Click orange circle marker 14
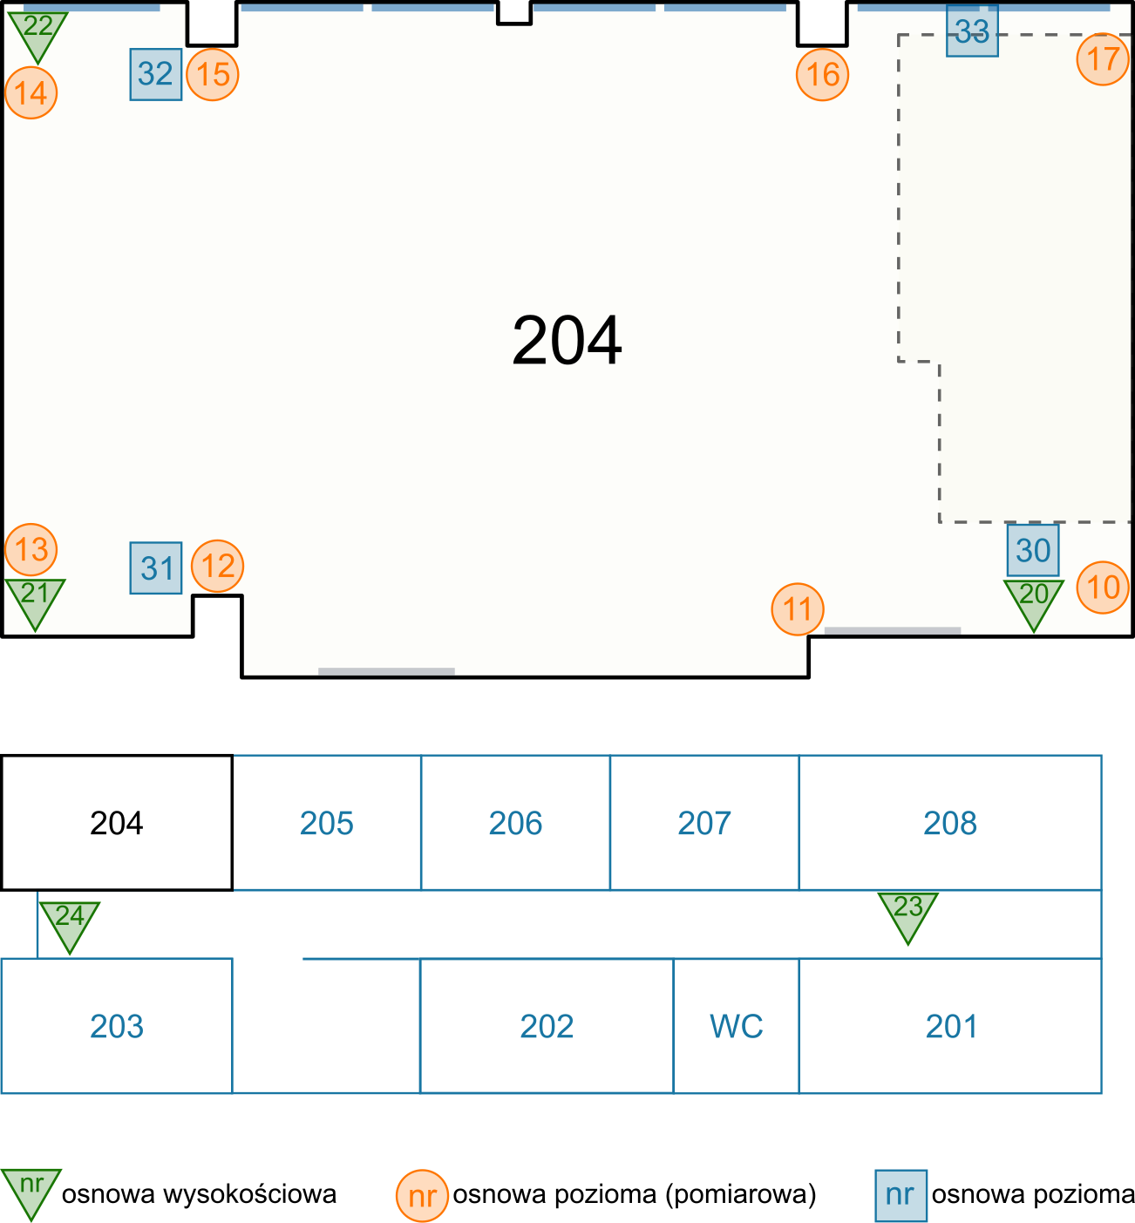(x=31, y=92)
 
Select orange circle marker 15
(x=213, y=74)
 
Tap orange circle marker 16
(x=822, y=75)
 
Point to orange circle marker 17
(x=1103, y=59)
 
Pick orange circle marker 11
(x=798, y=608)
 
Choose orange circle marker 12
(x=218, y=566)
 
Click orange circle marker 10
(x=1103, y=587)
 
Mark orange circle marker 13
(x=31, y=549)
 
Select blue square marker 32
(x=156, y=74)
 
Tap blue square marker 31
(x=156, y=568)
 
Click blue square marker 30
(x=1033, y=550)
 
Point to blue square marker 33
(x=972, y=33)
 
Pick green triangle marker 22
(x=37, y=31)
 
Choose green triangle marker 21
(x=35, y=599)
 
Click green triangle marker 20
(x=1034, y=600)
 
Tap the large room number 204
(x=567, y=341)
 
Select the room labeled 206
(x=515, y=823)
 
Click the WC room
(x=736, y=1026)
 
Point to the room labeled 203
(x=116, y=1026)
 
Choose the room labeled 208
(x=949, y=823)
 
